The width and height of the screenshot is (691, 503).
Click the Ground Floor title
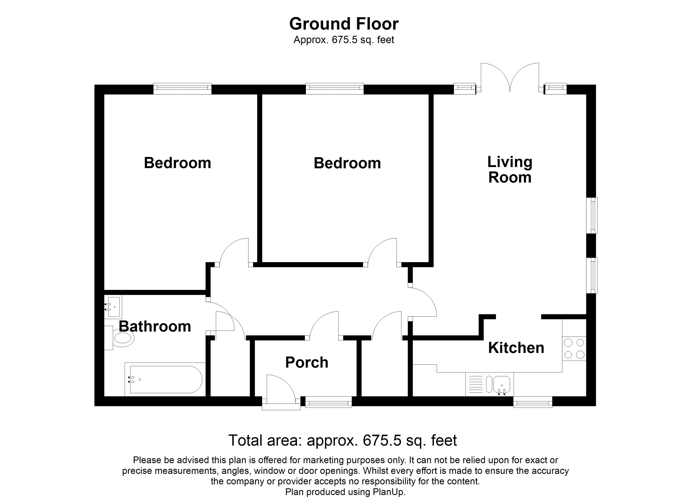point(344,24)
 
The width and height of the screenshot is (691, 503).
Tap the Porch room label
point(307,362)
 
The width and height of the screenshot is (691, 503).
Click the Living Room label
point(510,170)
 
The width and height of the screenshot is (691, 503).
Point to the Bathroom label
point(155,326)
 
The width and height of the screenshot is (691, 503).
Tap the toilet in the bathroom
point(122,338)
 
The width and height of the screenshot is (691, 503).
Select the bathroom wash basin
point(113,307)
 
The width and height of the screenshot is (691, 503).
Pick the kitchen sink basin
point(501,384)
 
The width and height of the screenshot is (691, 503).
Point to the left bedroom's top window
point(182,88)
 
